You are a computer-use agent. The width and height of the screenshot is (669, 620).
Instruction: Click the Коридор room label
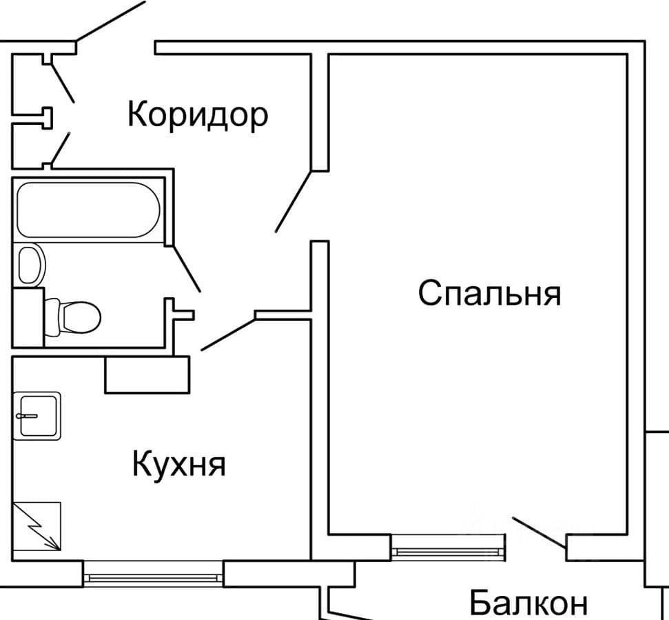click(198, 115)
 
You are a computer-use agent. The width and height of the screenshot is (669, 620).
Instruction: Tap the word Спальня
click(489, 293)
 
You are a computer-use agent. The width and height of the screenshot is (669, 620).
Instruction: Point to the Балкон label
click(528, 602)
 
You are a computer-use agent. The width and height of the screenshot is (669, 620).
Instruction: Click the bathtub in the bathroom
click(88, 210)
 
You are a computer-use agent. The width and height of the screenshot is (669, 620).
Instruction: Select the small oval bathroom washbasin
click(31, 265)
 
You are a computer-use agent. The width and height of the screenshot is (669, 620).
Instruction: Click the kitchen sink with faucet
click(37, 416)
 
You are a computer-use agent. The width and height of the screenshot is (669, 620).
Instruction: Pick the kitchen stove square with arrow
click(37, 526)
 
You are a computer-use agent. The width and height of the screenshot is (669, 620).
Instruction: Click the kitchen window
click(153, 578)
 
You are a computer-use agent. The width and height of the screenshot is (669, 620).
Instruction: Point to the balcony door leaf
click(539, 532)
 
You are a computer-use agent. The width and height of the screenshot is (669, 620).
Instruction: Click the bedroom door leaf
click(294, 201)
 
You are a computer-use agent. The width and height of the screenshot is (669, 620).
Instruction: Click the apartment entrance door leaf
click(110, 21)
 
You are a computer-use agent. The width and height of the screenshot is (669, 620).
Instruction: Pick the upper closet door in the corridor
click(62, 83)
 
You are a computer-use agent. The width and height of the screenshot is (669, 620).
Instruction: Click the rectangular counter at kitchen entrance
click(147, 374)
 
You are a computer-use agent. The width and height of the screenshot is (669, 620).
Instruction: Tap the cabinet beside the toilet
click(28, 318)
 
